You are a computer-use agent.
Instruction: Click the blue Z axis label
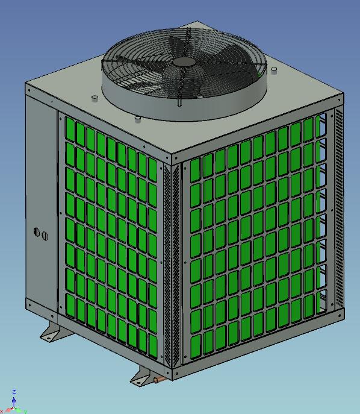pos(14,392)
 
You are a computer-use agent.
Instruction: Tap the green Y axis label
pos(25,411)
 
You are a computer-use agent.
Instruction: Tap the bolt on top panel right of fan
pos(274,71)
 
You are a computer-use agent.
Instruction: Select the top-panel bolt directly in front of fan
pos(138,118)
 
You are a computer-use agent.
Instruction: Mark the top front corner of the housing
pos(172,158)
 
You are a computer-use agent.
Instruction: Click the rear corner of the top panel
pos(199,24)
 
